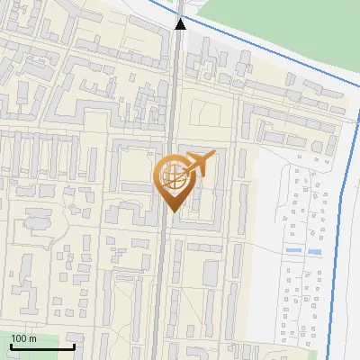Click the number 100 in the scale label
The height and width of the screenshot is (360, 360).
(x=19, y=338)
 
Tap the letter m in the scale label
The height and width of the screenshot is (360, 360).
(x=32, y=338)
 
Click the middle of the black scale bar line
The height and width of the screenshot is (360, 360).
(x=42, y=347)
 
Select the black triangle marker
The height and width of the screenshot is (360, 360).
(x=180, y=23)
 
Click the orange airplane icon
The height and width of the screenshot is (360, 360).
(x=198, y=165)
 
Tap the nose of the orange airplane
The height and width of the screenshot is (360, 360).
(x=210, y=158)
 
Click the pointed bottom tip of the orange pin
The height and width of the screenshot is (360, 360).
(x=172, y=210)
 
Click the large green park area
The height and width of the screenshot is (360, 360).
(x=270, y=27)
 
